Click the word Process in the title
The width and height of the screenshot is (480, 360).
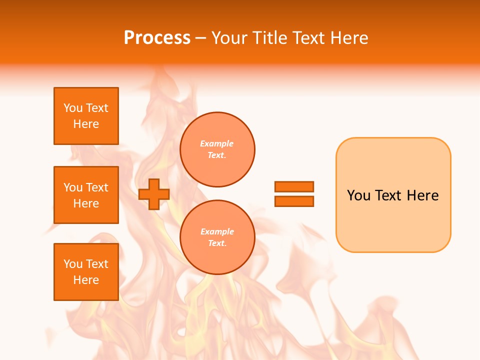point(157,38)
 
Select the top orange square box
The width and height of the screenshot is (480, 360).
point(86,116)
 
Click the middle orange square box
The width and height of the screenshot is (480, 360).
point(86,195)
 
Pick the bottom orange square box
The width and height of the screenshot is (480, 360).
point(86,272)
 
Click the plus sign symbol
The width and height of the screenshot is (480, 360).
point(154,194)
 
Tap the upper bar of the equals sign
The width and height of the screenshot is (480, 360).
point(294,186)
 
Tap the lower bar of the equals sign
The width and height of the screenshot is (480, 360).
point(294,201)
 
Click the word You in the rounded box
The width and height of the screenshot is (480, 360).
point(358,195)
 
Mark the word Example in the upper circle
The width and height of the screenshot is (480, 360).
point(217,143)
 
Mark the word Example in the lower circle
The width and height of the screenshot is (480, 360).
point(217,231)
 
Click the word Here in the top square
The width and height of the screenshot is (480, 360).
point(86,124)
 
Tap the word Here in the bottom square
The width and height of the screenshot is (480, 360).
point(86,280)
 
